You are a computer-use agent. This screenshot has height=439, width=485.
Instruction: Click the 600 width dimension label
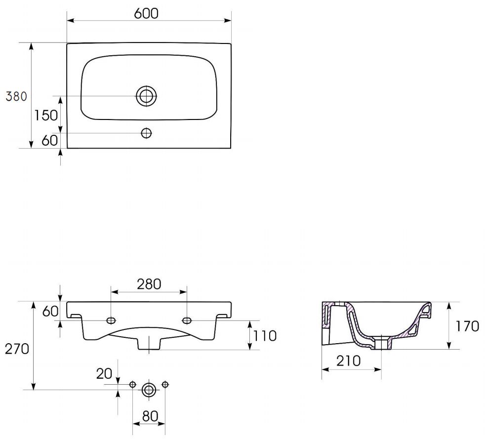[146, 13]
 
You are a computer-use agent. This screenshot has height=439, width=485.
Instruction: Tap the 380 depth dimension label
[16, 96]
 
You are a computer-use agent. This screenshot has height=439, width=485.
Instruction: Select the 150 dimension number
[46, 116]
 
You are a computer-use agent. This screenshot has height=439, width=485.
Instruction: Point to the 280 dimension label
[149, 284]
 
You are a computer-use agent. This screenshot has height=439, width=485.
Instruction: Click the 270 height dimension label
[17, 349]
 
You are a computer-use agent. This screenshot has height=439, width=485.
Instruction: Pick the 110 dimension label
[265, 336]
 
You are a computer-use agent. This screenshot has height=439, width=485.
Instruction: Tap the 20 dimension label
[104, 374]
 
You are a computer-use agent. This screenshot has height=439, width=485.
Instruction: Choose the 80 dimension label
[150, 416]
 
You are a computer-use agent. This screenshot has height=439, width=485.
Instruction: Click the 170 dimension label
[467, 326]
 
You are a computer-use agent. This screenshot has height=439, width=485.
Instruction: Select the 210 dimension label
[349, 361]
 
